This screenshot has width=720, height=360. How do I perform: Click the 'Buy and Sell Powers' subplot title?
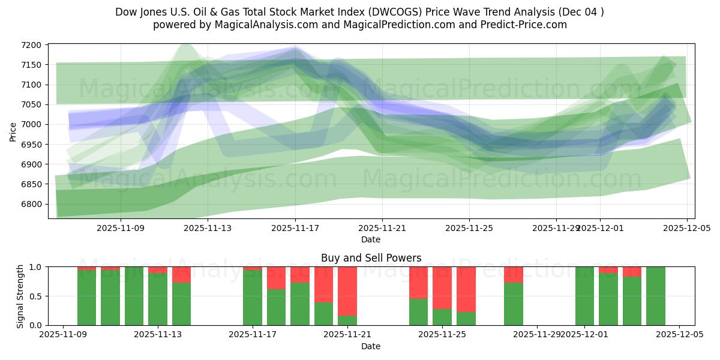[x=371, y=258]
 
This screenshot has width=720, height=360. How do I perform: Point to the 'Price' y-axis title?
[x=13, y=131]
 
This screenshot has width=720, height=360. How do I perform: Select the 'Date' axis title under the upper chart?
[x=371, y=239]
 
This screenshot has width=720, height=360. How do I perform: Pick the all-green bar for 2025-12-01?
[x=584, y=296]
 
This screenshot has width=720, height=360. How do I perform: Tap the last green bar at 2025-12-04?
[x=656, y=296]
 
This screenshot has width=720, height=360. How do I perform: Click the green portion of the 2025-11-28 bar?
[x=514, y=304]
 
